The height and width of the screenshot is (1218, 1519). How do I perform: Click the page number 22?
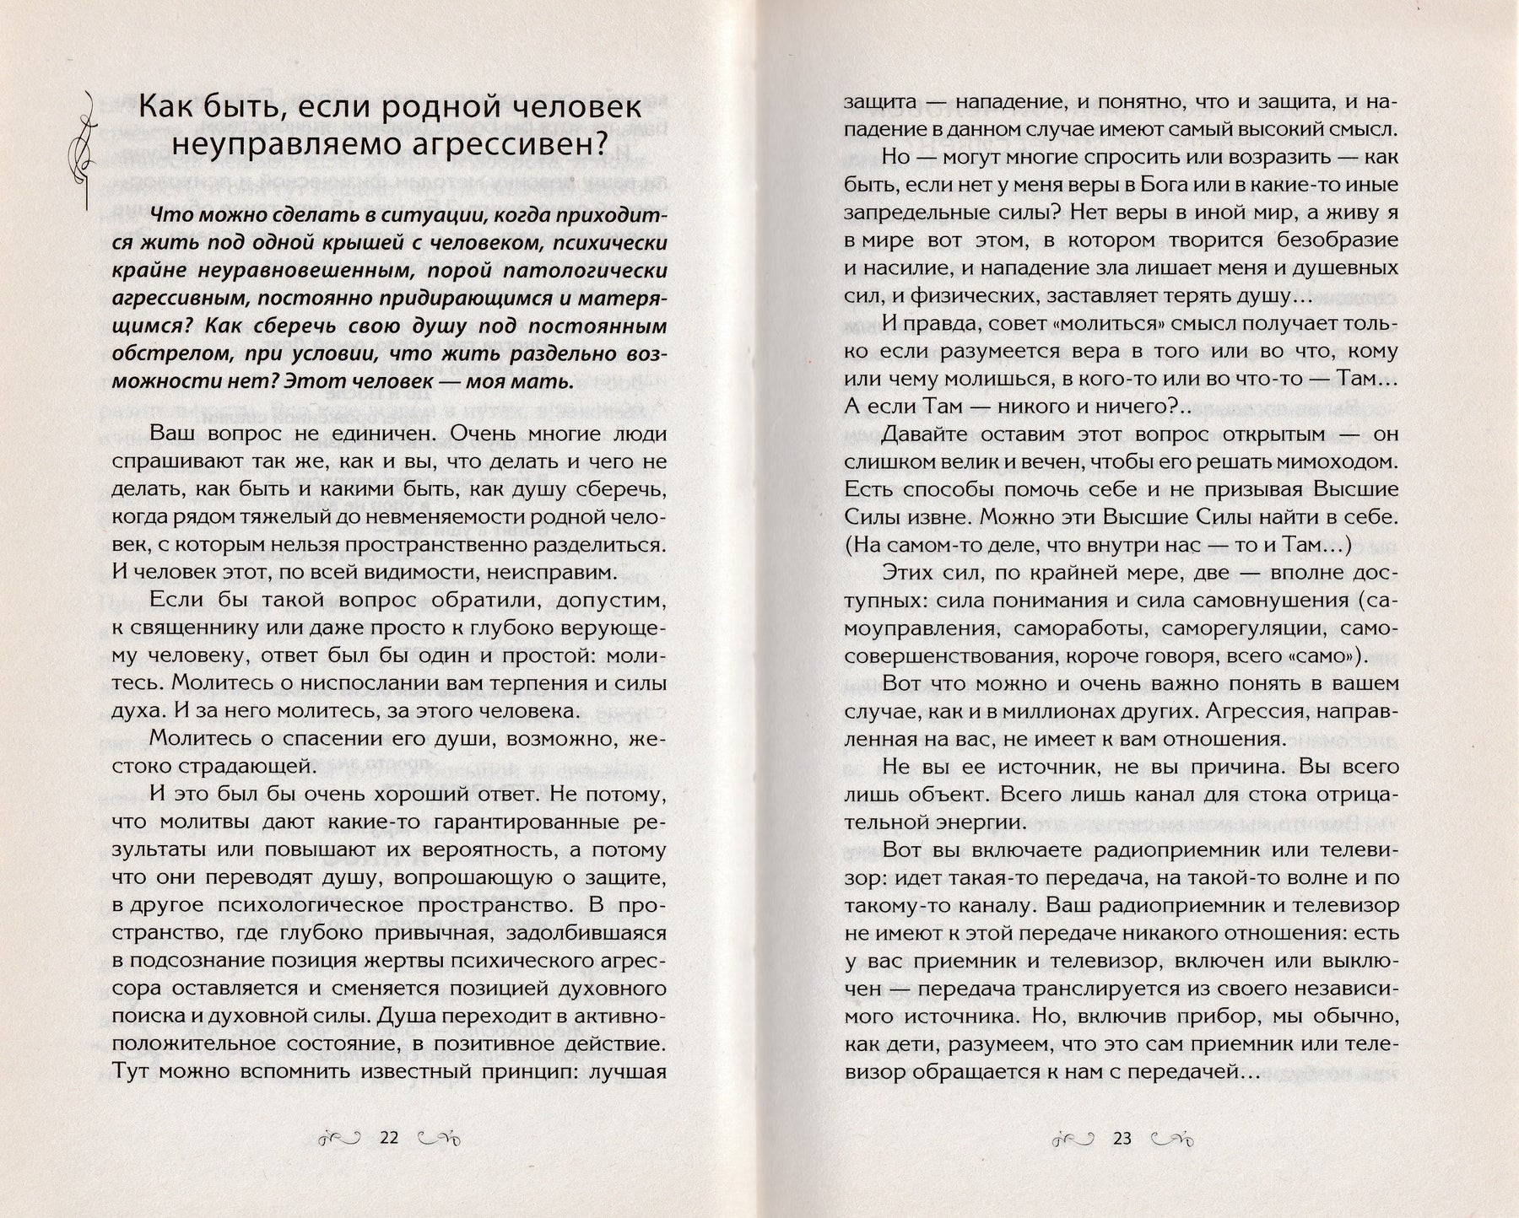[388, 1138]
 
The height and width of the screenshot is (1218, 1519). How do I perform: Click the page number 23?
[1122, 1138]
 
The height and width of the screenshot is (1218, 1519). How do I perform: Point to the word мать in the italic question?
[542, 381]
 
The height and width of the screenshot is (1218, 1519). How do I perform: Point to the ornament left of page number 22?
[343, 1139]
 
